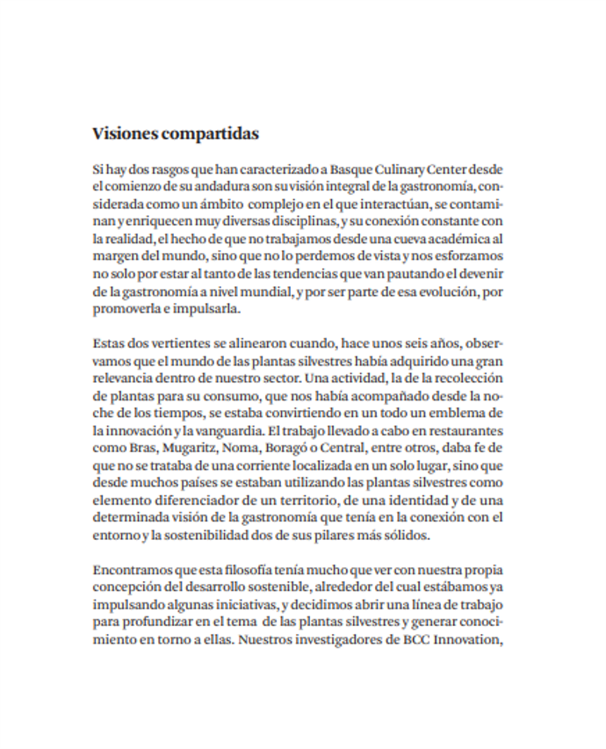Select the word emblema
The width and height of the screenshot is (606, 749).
[458, 413]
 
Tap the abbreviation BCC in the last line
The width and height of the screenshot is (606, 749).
[401, 639]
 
